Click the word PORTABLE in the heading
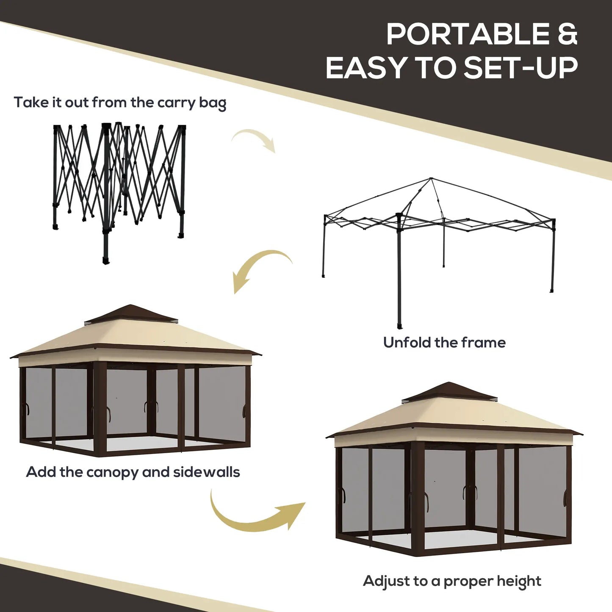[468, 34]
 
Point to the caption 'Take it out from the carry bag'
[120, 103]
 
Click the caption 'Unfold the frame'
[444, 342]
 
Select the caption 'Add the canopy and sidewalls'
[133, 472]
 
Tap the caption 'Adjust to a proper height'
[452, 581]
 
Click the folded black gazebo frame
[119, 186]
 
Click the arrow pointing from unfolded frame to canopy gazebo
[259, 268]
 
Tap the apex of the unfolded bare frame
[431, 179]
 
